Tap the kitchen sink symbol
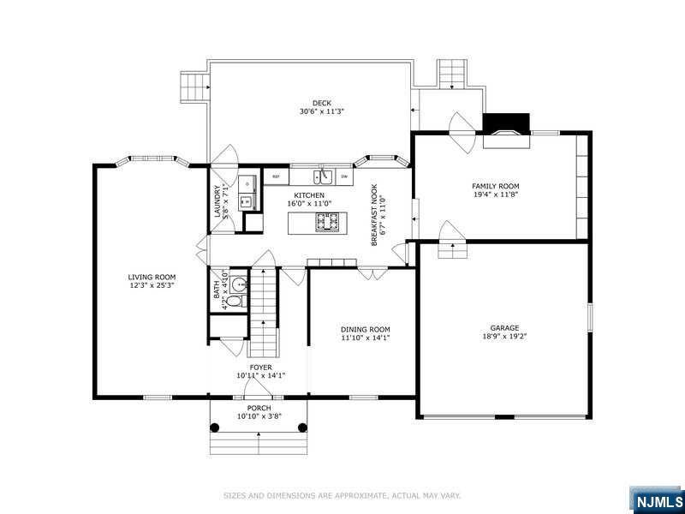(323, 176)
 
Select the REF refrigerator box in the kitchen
(276, 177)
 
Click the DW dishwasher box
(344, 177)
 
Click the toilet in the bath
(239, 301)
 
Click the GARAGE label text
(504, 327)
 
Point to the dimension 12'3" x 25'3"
(152, 285)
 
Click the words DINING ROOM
(366, 329)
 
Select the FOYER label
(260, 367)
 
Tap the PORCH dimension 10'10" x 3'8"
(259, 416)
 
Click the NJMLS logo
(658, 500)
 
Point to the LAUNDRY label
(217, 203)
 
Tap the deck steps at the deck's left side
(194, 86)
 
